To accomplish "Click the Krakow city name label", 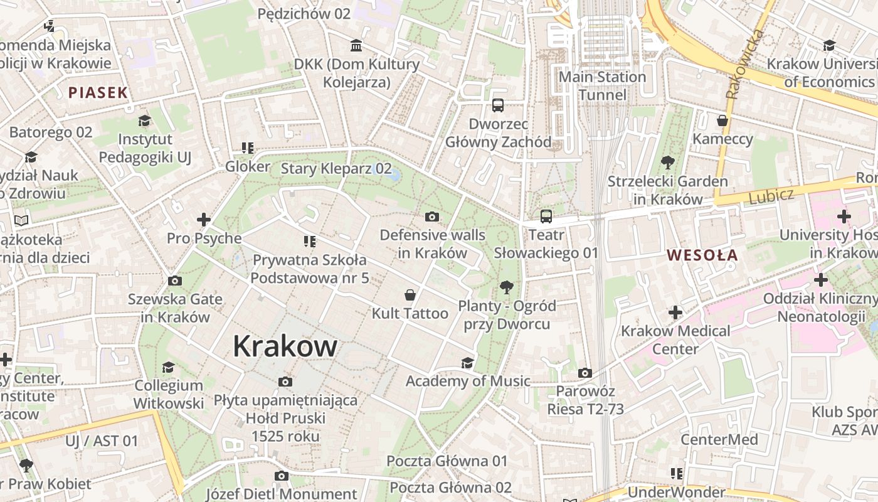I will [x=285, y=346].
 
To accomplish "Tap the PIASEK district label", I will [x=98, y=93].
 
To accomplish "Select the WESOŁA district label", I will [x=702, y=255].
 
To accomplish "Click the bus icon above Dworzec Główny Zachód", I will [x=498, y=105].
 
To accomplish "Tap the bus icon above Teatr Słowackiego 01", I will [x=546, y=216].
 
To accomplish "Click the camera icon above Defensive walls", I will [x=432, y=217].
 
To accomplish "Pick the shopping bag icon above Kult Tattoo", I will [x=410, y=295].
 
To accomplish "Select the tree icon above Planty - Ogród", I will [x=507, y=287].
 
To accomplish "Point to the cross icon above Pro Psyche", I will [x=204, y=220].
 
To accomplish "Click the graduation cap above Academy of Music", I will [x=467, y=363].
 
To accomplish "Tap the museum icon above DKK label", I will [x=357, y=45].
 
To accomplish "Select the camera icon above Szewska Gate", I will [x=175, y=280].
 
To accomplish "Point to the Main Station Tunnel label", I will [x=602, y=86].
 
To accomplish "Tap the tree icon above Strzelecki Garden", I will [x=668, y=163].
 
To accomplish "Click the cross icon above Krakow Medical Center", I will [x=675, y=312].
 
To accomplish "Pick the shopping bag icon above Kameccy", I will [x=722, y=120].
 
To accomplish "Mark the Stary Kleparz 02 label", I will [x=336, y=169].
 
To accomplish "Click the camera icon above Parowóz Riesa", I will [x=585, y=373].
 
